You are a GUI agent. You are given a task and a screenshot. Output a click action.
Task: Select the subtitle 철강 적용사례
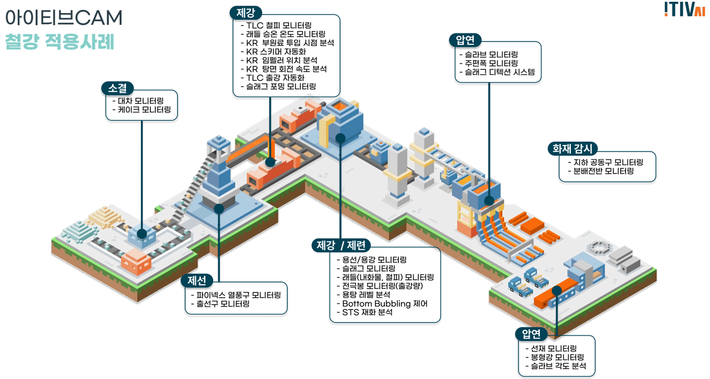(59, 42)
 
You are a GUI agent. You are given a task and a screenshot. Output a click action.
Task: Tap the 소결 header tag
(118, 88)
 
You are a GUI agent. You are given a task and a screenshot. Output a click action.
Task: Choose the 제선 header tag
(196, 280)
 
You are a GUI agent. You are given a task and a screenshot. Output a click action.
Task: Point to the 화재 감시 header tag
(571, 148)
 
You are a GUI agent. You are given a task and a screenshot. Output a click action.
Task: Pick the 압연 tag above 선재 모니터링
(531, 334)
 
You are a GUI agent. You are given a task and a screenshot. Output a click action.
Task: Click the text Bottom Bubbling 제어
(384, 304)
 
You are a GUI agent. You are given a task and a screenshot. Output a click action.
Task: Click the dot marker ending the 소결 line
(142, 234)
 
